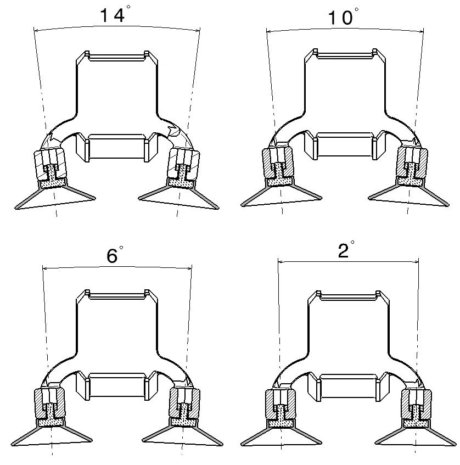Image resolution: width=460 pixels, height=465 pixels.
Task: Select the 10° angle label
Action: pyautogui.click(x=343, y=16)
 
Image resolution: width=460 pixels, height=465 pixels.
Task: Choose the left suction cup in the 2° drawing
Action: pyautogui.click(x=281, y=433)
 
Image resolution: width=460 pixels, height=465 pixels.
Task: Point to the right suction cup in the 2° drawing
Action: pyautogui.click(x=416, y=433)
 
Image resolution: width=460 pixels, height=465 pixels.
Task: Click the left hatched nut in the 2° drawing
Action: pyautogui.click(x=281, y=405)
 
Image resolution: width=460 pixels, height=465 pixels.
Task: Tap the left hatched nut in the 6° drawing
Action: pyautogui.click(x=49, y=404)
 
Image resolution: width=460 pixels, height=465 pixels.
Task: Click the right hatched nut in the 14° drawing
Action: pyautogui.click(x=183, y=164)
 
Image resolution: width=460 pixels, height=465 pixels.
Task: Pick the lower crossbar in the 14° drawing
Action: pyautogui.click(x=117, y=147)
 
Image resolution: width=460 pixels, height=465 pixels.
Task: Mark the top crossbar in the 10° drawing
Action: pyautogui.click(x=345, y=54)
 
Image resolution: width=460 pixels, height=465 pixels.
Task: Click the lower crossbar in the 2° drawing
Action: pyautogui.click(x=348, y=387)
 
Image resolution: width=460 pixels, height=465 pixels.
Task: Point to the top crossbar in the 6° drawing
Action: pyautogui.click(x=117, y=294)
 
